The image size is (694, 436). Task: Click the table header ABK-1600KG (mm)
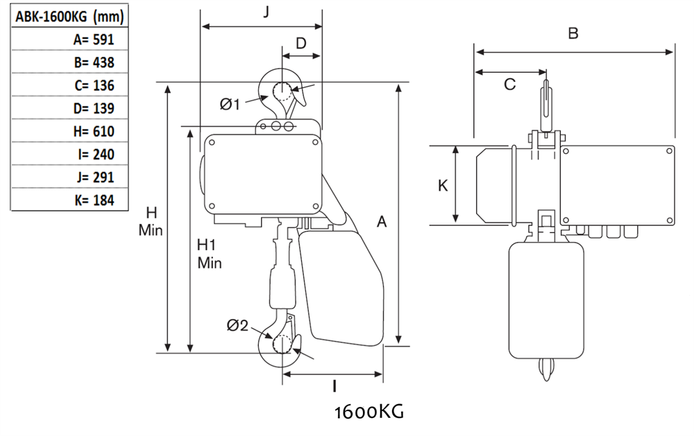pos(63,17)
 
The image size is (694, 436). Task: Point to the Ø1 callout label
pos(230,104)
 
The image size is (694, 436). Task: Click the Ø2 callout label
pos(237,325)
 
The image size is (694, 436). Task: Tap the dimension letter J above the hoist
pos(267,12)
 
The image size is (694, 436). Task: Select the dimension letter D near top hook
pos(301,43)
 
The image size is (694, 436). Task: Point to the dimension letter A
pos(381,222)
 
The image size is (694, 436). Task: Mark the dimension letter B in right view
pos(573,33)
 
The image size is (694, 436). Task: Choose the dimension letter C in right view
pos(509,84)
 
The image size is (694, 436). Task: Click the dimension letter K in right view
pos(442,185)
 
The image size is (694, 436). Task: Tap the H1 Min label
pos(208,254)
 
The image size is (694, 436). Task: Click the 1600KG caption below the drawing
pos(369,412)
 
